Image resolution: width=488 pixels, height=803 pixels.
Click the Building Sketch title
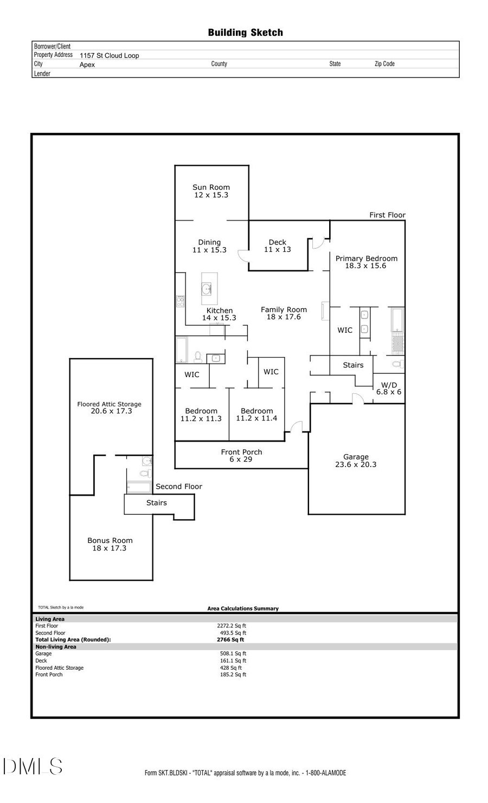coord(245,33)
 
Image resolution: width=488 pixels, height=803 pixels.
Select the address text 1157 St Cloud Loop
coord(109,55)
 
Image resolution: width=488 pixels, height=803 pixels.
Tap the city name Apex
coord(87,64)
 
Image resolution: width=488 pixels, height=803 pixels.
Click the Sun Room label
coord(211,187)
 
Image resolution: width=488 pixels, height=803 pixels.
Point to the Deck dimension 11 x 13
coord(277,250)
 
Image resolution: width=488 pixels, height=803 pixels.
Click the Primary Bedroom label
coord(366,258)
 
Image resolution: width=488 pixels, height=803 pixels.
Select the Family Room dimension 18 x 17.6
coord(283,317)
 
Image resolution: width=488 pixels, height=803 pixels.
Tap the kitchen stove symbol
coord(180,301)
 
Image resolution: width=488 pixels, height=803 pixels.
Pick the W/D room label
coord(389,385)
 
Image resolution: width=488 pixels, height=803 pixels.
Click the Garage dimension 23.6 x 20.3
coord(355,464)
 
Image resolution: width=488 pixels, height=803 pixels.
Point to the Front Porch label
coord(241,452)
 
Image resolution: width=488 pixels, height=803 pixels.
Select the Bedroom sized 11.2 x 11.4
coord(256,415)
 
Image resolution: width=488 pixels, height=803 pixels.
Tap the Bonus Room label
coord(110,540)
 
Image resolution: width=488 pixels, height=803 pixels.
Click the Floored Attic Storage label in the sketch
coord(109,404)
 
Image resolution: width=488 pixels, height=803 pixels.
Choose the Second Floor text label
coord(178,487)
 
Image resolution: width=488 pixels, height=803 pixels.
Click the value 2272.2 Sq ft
coord(232,626)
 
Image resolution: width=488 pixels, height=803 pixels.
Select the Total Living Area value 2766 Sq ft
coord(230,640)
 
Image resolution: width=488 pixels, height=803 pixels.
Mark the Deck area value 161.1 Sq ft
coord(233,660)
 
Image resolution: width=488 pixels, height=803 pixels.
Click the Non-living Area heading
coord(56,647)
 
